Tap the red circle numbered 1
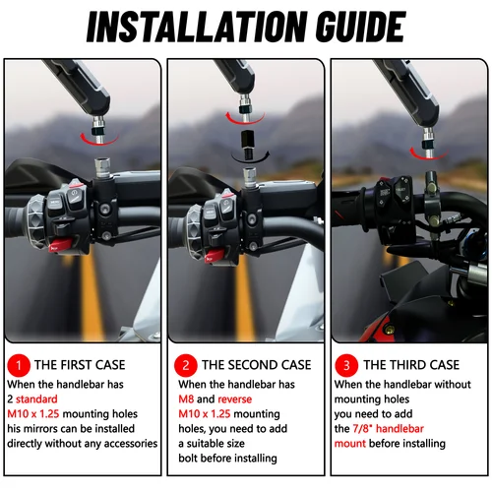pos(18,364)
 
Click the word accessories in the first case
pos(127,443)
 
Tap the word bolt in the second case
pos(191,458)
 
